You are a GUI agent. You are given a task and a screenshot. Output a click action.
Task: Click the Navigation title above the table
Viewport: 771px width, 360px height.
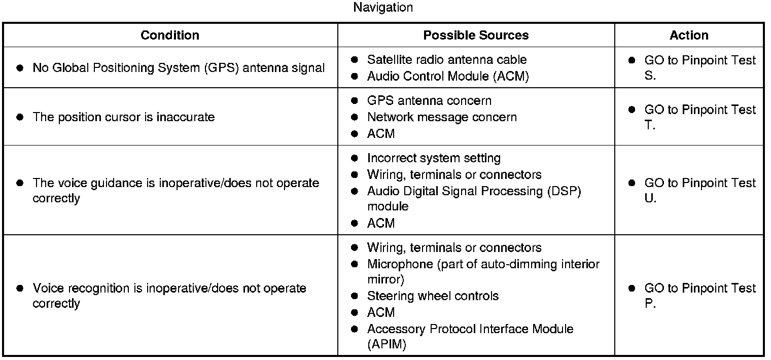383,8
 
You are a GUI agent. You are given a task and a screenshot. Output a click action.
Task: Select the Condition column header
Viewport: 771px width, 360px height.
170,35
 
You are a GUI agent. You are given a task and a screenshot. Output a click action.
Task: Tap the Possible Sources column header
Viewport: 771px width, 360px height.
476,35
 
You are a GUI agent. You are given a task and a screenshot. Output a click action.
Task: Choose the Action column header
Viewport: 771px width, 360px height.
689,35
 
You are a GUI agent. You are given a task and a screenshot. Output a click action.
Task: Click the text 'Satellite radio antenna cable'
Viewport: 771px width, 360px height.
447,60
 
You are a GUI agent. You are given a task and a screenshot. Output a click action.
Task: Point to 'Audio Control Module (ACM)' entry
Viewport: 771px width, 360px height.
448,76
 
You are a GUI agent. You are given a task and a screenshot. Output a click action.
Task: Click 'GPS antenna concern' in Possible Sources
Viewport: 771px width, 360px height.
429,100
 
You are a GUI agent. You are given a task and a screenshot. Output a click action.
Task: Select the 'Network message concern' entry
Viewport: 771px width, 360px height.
442,117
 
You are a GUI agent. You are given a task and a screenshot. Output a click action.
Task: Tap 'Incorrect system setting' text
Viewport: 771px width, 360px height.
434,158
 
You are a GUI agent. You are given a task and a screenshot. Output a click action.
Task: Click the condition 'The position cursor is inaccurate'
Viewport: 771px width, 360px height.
124,117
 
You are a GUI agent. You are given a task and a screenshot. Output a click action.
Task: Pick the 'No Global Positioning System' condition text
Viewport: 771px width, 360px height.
179,67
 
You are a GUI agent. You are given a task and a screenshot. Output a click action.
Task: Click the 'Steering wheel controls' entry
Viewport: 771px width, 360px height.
433,296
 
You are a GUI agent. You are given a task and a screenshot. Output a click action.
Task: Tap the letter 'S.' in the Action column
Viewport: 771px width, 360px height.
650,76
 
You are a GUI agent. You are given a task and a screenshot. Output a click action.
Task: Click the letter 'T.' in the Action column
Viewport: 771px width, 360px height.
650,126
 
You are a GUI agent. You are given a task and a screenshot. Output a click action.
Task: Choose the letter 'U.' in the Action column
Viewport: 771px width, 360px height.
650,199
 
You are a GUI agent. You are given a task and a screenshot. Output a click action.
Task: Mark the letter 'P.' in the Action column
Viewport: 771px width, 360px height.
650,304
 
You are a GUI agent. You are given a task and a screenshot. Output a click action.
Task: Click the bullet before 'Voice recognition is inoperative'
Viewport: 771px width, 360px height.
20,288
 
